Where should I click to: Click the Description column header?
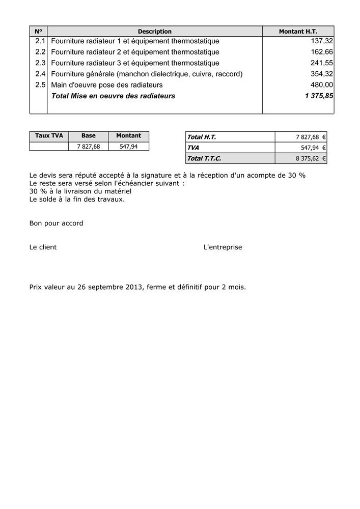[x=154, y=32]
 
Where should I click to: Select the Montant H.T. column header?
[x=298, y=32]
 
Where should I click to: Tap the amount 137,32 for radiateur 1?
[x=321, y=41]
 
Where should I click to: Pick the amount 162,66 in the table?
[x=321, y=52]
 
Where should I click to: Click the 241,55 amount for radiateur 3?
[x=321, y=63]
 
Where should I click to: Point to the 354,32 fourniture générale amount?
[x=321, y=74]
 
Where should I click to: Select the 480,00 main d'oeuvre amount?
[x=321, y=85]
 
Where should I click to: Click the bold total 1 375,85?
[x=319, y=96]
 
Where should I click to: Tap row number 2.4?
[x=40, y=74]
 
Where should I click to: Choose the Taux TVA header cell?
[x=49, y=136]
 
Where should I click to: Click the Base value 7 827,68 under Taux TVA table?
[x=88, y=147]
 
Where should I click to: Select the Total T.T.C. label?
[x=204, y=158]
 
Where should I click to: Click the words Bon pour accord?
[x=56, y=223]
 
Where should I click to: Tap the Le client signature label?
[x=43, y=247]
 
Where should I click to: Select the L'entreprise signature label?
[x=223, y=247]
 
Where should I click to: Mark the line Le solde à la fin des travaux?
[x=77, y=199]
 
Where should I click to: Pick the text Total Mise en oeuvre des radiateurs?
[x=113, y=96]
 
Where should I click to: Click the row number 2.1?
[x=40, y=41]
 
